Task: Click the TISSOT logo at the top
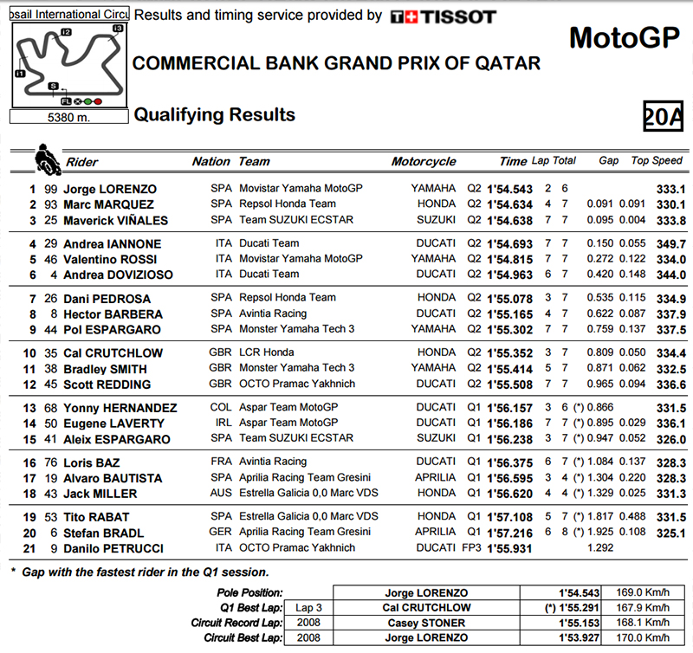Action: [x=443, y=16]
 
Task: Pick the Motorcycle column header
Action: [x=423, y=161]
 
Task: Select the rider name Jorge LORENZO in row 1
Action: [x=110, y=189]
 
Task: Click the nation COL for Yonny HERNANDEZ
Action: [x=221, y=408]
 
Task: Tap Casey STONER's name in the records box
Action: [x=425, y=623]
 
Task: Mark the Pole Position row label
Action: [x=249, y=592]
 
